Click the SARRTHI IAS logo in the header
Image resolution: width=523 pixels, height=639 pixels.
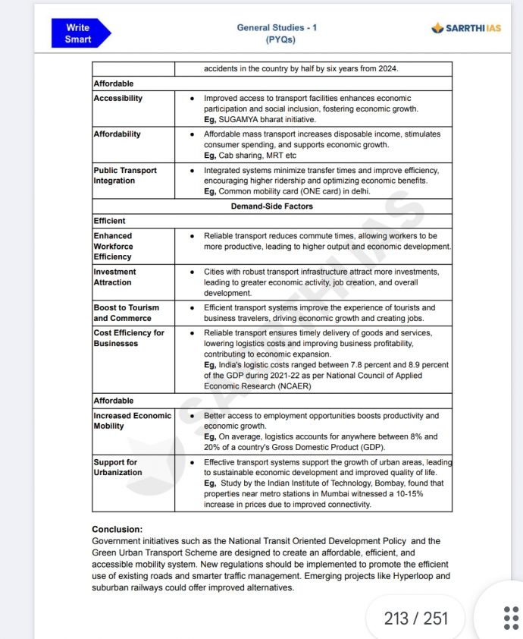(x=467, y=28)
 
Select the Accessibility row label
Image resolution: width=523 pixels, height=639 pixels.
(x=117, y=99)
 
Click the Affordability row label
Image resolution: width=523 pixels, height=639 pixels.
(x=117, y=134)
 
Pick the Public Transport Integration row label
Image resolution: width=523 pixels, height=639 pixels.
(x=125, y=175)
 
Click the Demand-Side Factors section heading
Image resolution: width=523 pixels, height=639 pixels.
(x=271, y=206)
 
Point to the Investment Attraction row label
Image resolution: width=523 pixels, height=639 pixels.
(x=114, y=277)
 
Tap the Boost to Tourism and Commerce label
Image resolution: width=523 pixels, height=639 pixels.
(x=126, y=313)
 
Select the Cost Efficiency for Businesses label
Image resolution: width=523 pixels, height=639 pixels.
(x=128, y=338)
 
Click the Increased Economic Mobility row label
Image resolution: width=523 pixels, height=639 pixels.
(x=132, y=420)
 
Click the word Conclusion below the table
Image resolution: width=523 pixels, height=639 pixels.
(x=117, y=529)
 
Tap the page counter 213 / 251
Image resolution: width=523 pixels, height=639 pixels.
(x=415, y=619)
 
